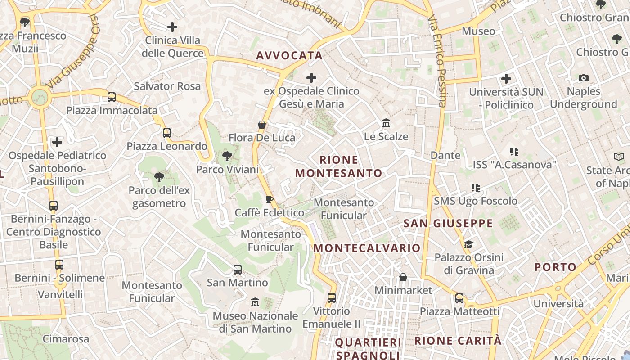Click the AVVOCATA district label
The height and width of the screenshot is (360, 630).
click(289, 56)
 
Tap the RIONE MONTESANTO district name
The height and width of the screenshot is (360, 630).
click(338, 166)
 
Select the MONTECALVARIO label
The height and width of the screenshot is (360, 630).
click(367, 248)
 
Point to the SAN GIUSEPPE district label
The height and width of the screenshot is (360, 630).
click(448, 224)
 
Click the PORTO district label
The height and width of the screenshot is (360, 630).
click(555, 267)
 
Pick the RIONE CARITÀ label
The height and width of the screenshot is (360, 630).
click(458, 341)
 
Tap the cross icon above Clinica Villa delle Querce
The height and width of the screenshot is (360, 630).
click(172, 27)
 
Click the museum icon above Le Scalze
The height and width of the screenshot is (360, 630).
click(386, 123)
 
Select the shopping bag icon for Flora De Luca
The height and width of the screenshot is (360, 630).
click(261, 125)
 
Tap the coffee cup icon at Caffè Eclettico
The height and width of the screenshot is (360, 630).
click(269, 199)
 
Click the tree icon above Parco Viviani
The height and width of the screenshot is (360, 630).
click(227, 157)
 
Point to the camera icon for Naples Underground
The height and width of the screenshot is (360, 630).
click(584, 78)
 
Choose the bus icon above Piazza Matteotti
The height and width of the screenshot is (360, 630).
click(459, 298)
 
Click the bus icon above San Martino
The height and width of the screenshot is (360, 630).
click(237, 270)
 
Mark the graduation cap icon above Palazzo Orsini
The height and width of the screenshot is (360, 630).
click(468, 244)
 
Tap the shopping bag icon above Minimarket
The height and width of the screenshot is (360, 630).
click(403, 277)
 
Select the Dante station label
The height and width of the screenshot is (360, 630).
click(445, 156)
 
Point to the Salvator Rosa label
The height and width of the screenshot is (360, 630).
click(167, 86)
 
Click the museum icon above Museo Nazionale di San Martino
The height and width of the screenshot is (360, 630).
click(255, 302)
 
